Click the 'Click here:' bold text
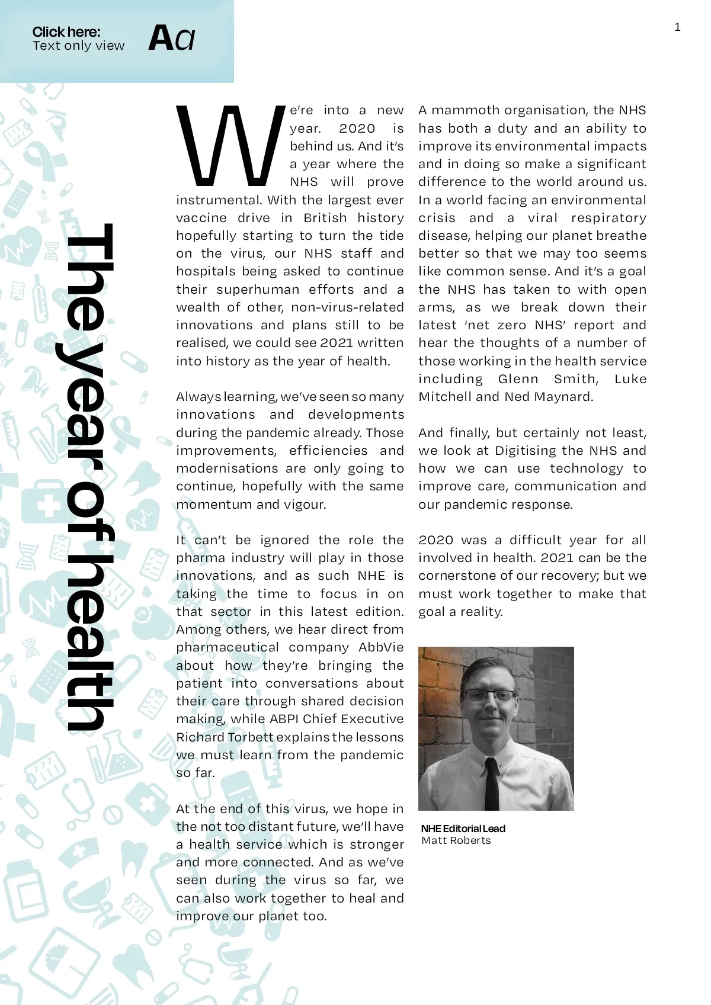(x=66, y=32)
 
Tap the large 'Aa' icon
(x=171, y=38)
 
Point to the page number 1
(x=677, y=27)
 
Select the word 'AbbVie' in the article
(x=381, y=647)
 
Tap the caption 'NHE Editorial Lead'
(x=463, y=829)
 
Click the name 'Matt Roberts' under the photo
(x=456, y=840)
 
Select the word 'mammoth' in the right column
(x=462, y=110)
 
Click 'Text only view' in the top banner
(x=78, y=46)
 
